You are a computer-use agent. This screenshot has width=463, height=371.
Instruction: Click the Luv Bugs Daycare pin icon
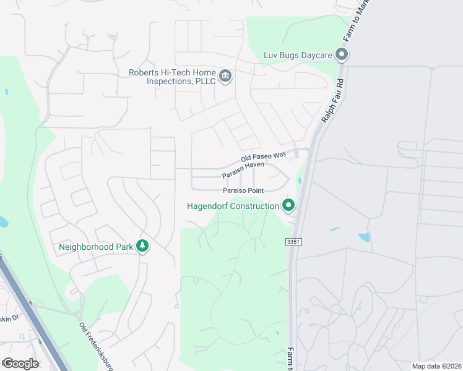342,56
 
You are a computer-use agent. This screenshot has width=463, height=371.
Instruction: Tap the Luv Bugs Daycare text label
298,56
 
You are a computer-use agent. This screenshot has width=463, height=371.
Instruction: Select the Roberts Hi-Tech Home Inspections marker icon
225,77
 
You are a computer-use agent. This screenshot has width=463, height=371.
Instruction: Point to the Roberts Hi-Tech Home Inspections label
171,77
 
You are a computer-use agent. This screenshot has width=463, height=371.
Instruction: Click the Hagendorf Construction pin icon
287,205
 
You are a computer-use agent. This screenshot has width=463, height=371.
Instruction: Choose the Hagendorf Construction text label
233,206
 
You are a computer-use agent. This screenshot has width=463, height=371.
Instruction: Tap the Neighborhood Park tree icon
143,246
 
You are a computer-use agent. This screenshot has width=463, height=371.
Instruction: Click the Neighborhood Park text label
96,247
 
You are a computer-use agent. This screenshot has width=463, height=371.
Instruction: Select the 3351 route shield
293,241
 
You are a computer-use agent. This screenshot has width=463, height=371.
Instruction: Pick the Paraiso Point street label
244,190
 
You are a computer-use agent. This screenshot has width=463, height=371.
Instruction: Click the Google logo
20,363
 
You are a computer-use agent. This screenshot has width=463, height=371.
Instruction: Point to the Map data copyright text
436,366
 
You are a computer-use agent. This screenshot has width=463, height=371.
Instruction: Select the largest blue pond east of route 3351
364,237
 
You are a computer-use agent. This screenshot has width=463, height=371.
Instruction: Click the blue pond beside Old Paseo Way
300,181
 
